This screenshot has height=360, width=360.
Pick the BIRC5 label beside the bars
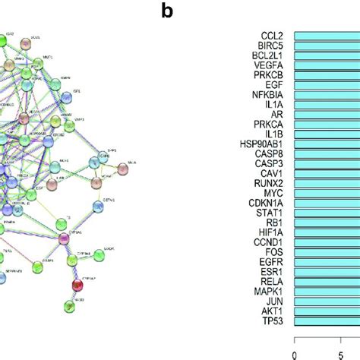coord(273,46)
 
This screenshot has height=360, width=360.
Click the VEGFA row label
coord(272,66)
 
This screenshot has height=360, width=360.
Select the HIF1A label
coord(273,232)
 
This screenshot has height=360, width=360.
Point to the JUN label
coord(276,302)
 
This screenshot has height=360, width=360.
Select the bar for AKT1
coord(327,311)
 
